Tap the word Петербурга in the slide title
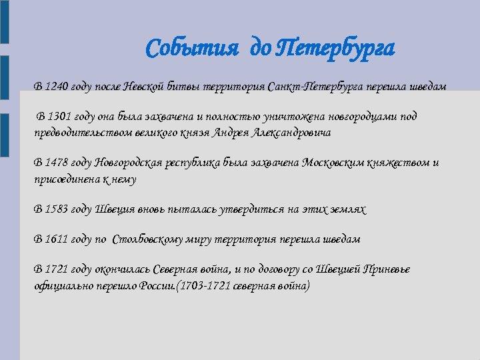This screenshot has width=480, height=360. pyautogui.click(x=335, y=48)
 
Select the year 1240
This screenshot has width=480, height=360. pyautogui.click(x=56, y=87)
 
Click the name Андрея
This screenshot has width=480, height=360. pyautogui.click(x=231, y=132)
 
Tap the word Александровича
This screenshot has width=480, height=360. pyautogui.click(x=291, y=132)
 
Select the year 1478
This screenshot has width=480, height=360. pyautogui.click(x=57, y=163)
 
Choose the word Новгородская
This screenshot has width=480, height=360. pyautogui.click(x=130, y=163)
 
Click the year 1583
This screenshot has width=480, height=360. pyautogui.click(x=57, y=209)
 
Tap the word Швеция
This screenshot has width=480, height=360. pyautogui.click(x=116, y=209)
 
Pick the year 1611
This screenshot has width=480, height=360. pyautogui.click(x=57, y=239)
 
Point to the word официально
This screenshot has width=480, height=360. pyautogui.click(x=61, y=285)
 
